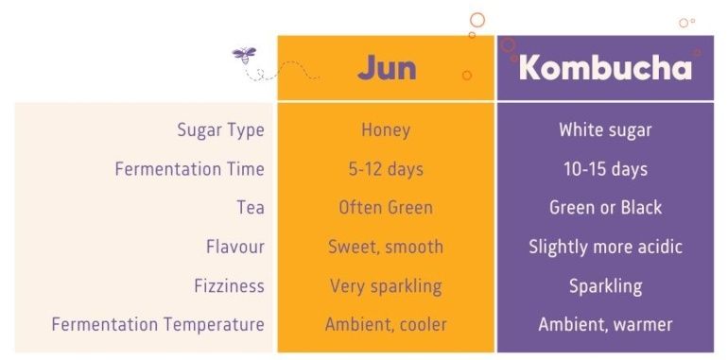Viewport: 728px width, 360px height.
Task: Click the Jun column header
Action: click(x=386, y=69)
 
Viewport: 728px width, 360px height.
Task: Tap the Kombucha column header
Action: click(x=605, y=69)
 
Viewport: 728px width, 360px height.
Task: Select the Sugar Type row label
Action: click(x=220, y=130)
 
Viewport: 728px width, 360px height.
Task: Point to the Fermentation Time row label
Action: click(x=189, y=169)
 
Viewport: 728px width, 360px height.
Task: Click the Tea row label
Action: click(x=251, y=208)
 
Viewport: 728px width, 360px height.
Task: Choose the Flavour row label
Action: click(x=235, y=247)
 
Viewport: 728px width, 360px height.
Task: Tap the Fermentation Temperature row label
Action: click(x=158, y=324)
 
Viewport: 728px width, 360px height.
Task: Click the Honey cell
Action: click(x=386, y=130)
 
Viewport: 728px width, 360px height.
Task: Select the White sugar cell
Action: click(x=605, y=130)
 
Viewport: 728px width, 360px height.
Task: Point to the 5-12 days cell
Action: click(x=386, y=169)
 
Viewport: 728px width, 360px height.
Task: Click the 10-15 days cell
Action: click(x=605, y=169)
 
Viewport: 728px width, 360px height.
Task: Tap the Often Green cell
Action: click(x=386, y=208)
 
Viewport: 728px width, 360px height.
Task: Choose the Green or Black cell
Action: click(x=605, y=208)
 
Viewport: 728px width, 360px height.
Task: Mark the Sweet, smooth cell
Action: click(x=386, y=247)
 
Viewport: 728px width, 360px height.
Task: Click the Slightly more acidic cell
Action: click(x=605, y=247)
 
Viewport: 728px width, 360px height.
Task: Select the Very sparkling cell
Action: click(x=386, y=285)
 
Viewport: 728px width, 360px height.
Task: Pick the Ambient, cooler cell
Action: click(x=386, y=324)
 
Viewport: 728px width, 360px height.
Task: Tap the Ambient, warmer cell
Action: click(x=605, y=324)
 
